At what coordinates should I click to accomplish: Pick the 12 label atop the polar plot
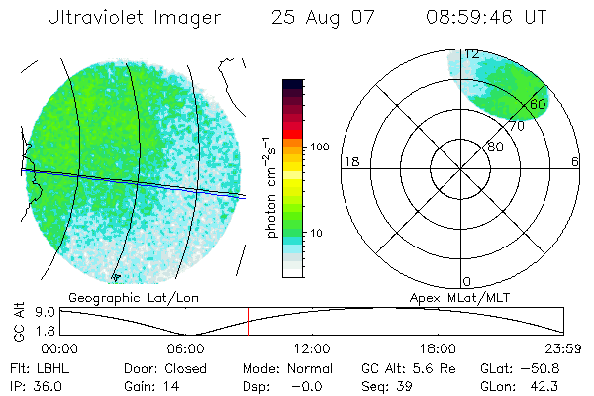coord(473,54)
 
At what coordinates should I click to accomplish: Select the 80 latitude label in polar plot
coord(494,147)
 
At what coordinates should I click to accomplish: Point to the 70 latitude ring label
coord(515,126)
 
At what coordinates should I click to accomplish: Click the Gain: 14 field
coord(147,386)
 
